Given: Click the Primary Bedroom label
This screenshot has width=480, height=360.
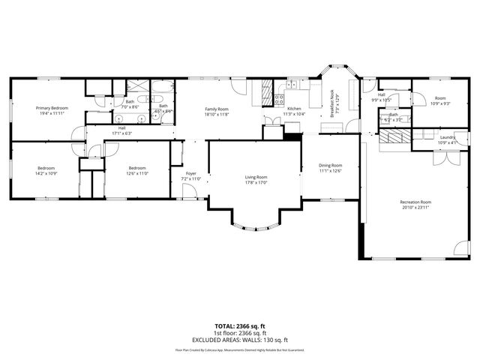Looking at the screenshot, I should pyautogui.click(x=52, y=108).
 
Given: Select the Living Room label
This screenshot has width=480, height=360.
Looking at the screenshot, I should pyautogui.click(x=256, y=177).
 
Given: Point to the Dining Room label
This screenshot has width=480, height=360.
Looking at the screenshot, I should pyautogui.click(x=330, y=165).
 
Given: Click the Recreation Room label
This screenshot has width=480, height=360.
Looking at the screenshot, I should pyautogui.click(x=415, y=202).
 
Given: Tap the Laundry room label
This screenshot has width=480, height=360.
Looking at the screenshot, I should pyautogui.click(x=448, y=137).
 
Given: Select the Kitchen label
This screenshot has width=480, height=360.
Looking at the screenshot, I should pyautogui.click(x=294, y=109).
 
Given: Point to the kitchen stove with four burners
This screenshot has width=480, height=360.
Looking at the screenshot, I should pyautogui.click(x=279, y=97).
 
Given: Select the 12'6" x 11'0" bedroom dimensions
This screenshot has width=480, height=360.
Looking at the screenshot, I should pyautogui.click(x=137, y=173).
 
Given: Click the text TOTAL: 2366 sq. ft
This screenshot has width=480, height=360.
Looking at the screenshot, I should pyautogui.click(x=240, y=326).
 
